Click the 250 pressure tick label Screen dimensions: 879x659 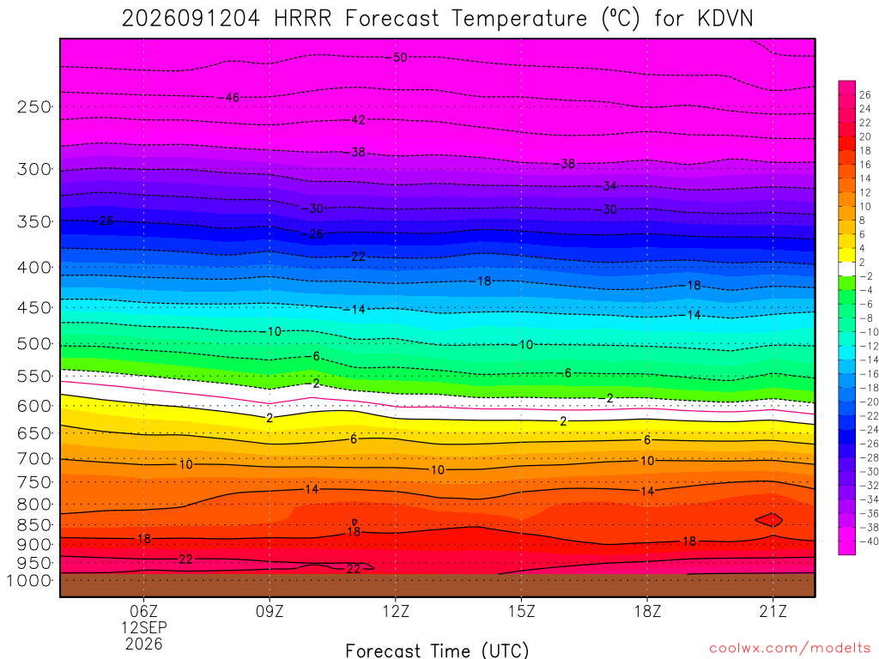pos(33,106)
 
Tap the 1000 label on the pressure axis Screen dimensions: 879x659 pos(29,581)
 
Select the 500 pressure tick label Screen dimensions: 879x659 pos(33,343)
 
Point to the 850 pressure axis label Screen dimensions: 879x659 pos(33,525)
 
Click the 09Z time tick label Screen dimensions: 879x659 pos(270,611)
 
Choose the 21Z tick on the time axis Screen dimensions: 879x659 pos(773,611)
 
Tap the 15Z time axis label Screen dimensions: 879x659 pos(521,611)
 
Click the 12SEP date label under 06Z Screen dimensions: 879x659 pos(144,627)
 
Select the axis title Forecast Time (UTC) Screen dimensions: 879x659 pos(437,650)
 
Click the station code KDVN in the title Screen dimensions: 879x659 pos(725,19)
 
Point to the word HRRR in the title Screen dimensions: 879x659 pos(303,19)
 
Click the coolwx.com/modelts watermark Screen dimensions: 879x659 pos(791,649)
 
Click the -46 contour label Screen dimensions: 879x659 pos(229,98)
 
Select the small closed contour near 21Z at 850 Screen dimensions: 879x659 pos(769,520)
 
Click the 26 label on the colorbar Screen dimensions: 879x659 pos(865,94)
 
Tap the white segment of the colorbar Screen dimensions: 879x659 pos(846,269)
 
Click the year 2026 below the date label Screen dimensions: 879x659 pos(144,644)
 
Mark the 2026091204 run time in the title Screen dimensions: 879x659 pos(191,19)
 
